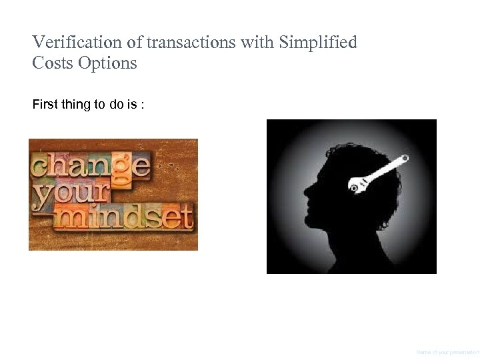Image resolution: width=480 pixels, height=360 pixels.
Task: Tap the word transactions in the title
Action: coord(191,43)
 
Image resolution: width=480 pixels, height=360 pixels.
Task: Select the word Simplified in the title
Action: coord(318,43)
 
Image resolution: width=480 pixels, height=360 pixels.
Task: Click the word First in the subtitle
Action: coord(44,105)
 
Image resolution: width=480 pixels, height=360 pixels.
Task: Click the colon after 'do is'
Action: coord(141,105)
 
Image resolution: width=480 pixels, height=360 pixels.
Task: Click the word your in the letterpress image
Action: coord(71,192)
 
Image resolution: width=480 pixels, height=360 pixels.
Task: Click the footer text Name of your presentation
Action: coord(447,352)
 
